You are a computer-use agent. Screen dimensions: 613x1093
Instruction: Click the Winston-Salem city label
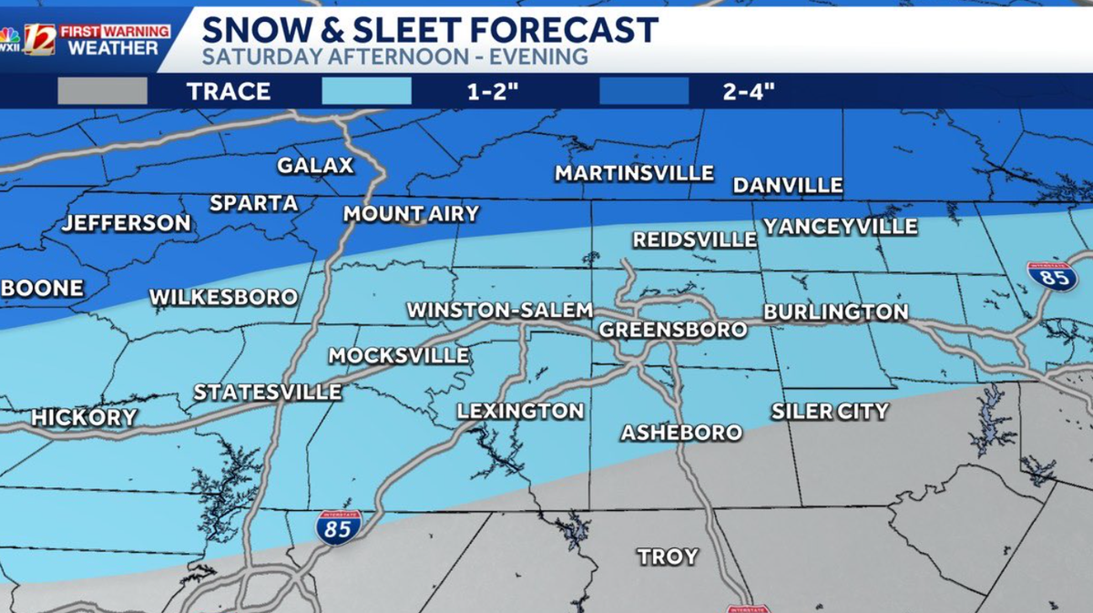[499, 310]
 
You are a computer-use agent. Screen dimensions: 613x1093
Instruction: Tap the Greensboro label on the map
[672, 330]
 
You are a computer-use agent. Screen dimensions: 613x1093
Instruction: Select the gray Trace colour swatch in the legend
[102, 91]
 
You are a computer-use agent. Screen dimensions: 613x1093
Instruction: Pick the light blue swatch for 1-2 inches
[366, 91]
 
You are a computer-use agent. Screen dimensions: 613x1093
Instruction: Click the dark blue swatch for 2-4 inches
[644, 91]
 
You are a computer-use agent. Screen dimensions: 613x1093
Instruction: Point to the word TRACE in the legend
[229, 91]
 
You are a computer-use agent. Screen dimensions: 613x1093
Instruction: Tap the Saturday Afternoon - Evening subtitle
[394, 56]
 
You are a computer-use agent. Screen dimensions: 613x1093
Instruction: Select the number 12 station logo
[39, 38]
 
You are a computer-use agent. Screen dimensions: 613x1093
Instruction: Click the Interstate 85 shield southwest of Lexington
[339, 527]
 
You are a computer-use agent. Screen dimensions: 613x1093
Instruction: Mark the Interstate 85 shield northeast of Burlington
[1053, 275]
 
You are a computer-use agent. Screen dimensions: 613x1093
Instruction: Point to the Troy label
[668, 557]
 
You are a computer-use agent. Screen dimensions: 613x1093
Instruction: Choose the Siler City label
[829, 412]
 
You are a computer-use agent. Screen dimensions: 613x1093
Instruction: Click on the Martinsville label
[634, 173]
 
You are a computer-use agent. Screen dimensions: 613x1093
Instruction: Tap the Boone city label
[43, 289]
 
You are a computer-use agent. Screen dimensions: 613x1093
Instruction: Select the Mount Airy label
[411, 215]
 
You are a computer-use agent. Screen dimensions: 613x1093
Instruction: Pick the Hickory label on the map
[84, 418]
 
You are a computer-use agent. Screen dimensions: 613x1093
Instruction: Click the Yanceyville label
[840, 227]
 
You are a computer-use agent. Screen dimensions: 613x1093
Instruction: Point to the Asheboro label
[681, 433]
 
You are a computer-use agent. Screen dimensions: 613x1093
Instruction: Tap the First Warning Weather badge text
[114, 39]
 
